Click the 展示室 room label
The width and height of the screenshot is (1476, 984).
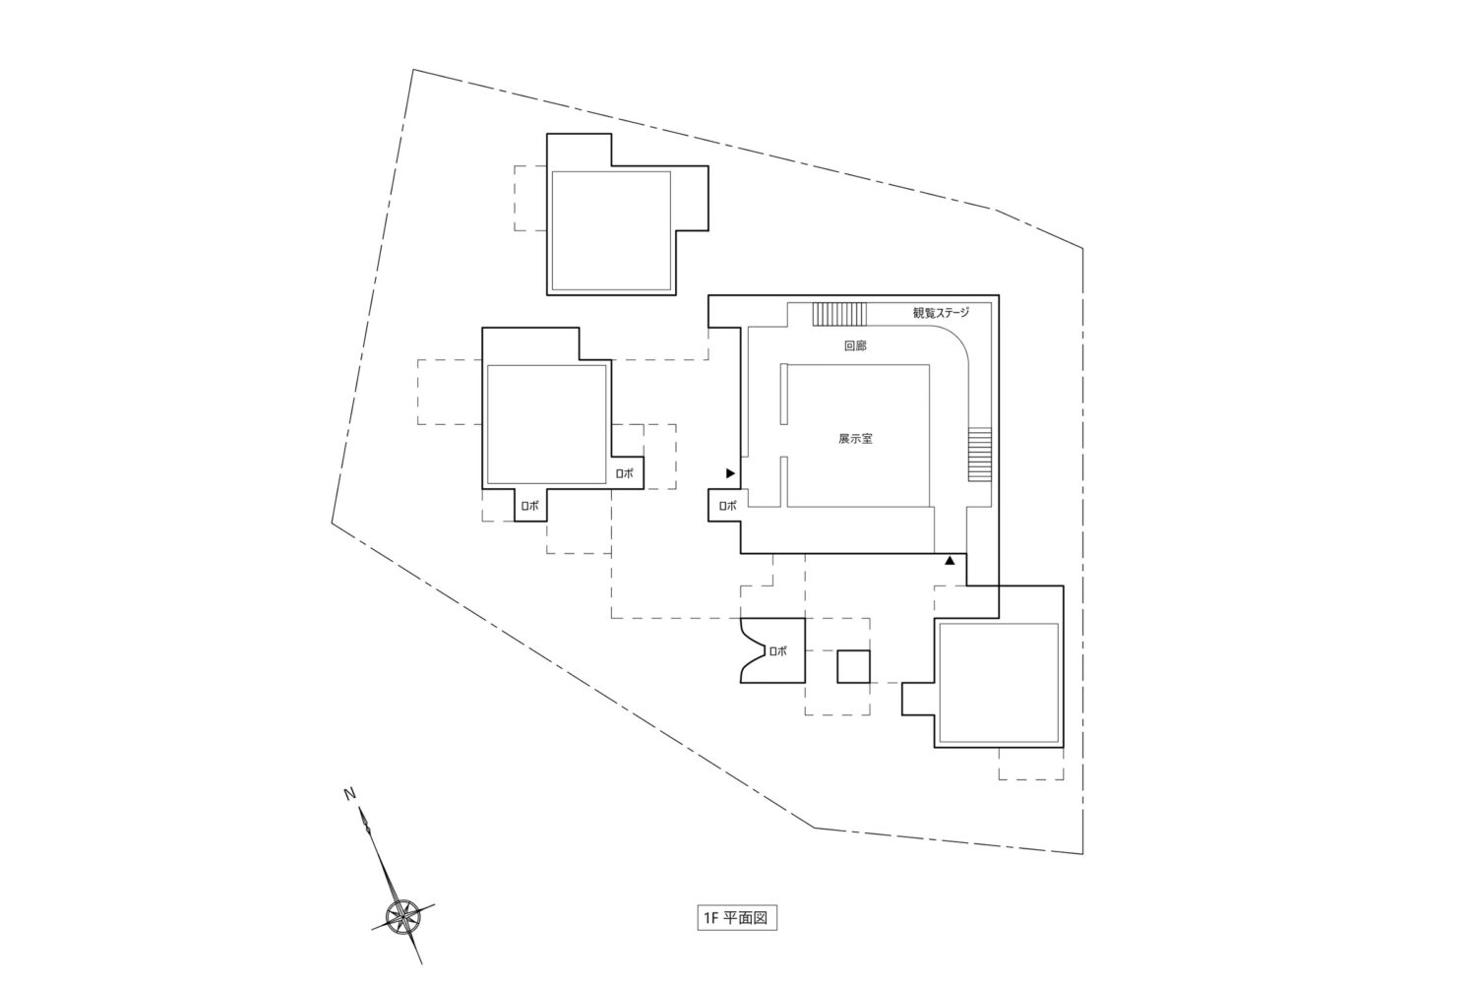pyautogui.click(x=855, y=439)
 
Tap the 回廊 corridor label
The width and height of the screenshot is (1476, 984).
pyautogui.click(x=855, y=346)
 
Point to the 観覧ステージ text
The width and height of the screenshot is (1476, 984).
pyautogui.click(x=941, y=314)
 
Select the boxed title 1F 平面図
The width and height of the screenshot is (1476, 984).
pyautogui.click(x=737, y=918)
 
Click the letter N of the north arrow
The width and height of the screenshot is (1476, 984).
pyautogui.click(x=348, y=793)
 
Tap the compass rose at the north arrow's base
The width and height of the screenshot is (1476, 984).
pyautogui.click(x=402, y=916)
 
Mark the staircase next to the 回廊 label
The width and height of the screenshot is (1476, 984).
pyautogui.click(x=839, y=314)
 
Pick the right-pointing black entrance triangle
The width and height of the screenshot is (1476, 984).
pyautogui.click(x=730, y=473)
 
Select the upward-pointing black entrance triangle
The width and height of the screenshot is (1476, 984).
pyautogui.click(x=950, y=561)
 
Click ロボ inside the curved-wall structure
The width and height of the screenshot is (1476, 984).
pyautogui.click(x=777, y=650)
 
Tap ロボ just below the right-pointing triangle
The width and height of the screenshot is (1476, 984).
pyautogui.click(x=727, y=506)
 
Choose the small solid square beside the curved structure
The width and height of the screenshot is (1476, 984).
pyautogui.click(x=854, y=667)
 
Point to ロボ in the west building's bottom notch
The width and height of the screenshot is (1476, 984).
pyautogui.click(x=530, y=506)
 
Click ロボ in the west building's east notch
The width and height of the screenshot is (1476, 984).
pyautogui.click(x=624, y=473)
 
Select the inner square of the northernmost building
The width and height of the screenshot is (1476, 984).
pyautogui.click(x=611, y=230)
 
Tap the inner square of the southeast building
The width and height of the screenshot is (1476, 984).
pyautogui.click(x=998, y=682)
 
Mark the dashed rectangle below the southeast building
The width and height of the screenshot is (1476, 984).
pyautogui.click(x=1031, y=765)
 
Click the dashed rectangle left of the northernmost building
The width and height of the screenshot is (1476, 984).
pyautogui.click(x=530, y=198)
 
